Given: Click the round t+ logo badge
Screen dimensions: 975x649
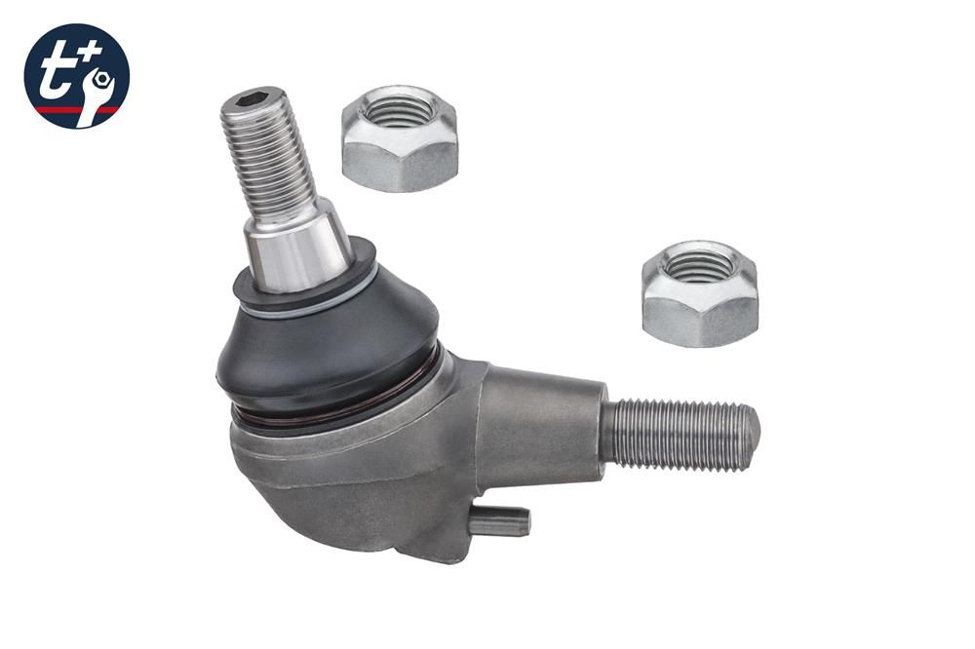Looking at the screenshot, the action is point(76,76).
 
